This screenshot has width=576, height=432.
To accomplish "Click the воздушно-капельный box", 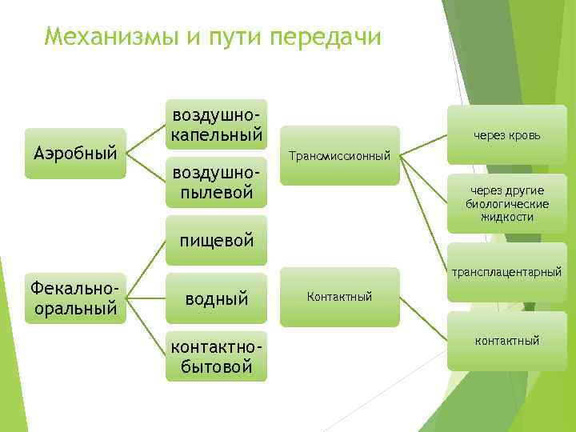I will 215,125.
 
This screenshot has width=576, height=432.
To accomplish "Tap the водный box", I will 215,298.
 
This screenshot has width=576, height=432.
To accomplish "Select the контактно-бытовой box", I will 215,357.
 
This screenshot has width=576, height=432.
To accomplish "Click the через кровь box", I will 506,135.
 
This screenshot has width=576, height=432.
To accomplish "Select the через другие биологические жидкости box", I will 506,203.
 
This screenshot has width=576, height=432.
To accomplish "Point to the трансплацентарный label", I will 506,273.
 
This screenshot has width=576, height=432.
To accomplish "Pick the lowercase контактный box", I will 506,342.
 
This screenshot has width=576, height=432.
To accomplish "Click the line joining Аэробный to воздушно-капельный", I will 146,138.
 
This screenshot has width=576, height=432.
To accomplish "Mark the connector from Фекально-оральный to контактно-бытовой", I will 146,327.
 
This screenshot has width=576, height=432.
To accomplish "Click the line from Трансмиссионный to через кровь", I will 423,145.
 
